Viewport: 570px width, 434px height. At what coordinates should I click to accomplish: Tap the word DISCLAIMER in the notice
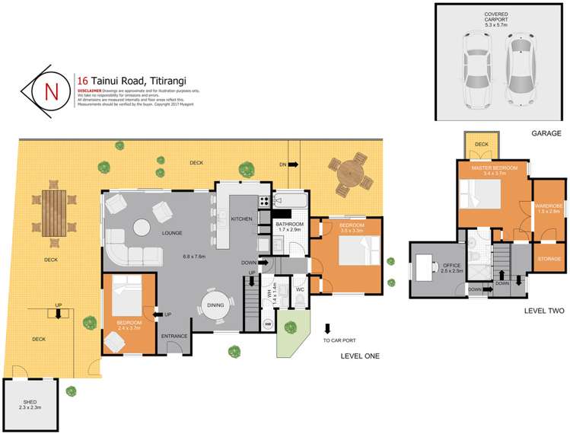pos(89,90)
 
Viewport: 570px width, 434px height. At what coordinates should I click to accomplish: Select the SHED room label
pos(27,401)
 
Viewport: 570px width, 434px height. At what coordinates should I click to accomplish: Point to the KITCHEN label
pos(241,219)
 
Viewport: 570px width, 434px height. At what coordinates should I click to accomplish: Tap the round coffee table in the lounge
pos(142,227)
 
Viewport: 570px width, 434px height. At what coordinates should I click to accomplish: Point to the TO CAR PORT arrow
pos(327,329)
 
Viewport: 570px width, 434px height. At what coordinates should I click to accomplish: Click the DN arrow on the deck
pos(289,164)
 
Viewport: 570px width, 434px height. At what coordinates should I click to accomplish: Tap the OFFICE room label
pos(430,266)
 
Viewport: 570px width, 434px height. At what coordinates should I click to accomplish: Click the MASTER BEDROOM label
pos(494,168)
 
